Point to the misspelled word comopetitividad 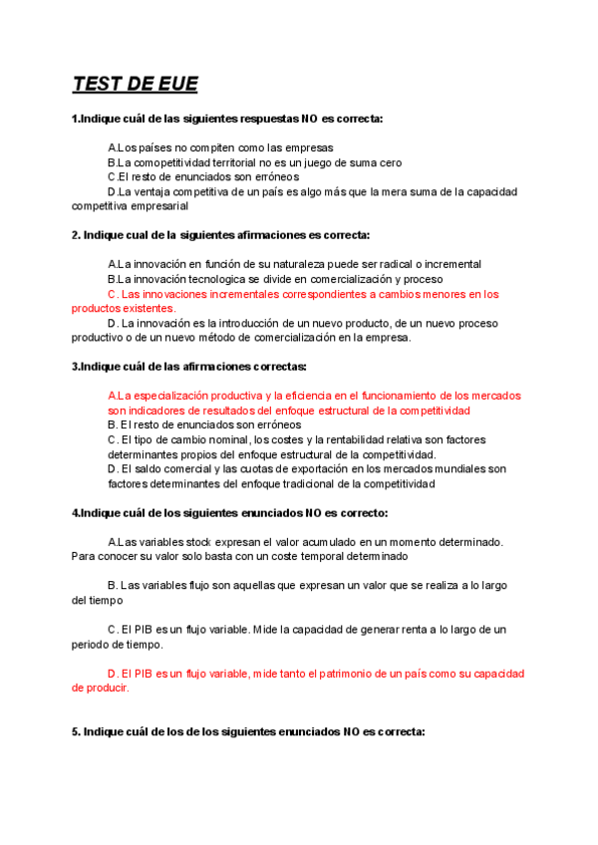pyautogui.click(x=161, y=162)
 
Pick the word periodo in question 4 pyautogui.click(x=91, y=645)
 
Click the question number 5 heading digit pyautogui.click(x=75, y=731)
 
